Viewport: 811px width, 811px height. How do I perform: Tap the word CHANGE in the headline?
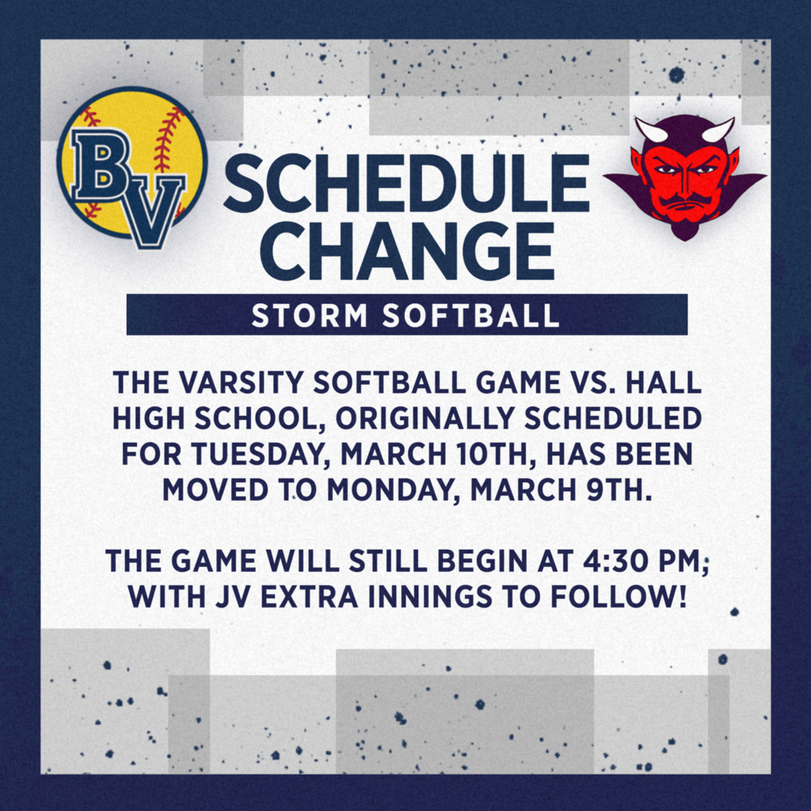(x=406, y=251)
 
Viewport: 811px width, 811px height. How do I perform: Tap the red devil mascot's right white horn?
(x=718, y=129)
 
